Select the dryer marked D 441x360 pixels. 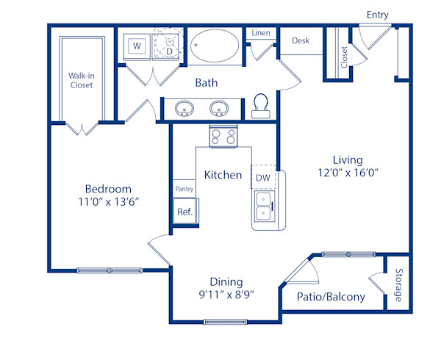[x=168, y=47]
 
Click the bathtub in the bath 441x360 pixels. [x=215, y=48]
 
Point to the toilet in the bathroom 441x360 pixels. [x=261, y=105]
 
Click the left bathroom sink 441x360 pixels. [x=184, y=110]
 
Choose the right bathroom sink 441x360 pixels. [x=218, y=110]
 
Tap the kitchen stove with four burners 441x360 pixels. [x=223, y=136]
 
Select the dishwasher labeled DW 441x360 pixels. [x=262, y=177]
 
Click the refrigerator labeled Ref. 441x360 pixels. [x=184, y=212]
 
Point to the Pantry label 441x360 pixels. [x=184, y=190]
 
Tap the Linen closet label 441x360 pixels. [x=261, y=33]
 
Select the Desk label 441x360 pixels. [x=300, y=40]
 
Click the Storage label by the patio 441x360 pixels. [x=398, y=286]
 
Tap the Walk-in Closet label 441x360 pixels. [x=81, y=79]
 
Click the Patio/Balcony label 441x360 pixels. [x=331, y=297]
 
